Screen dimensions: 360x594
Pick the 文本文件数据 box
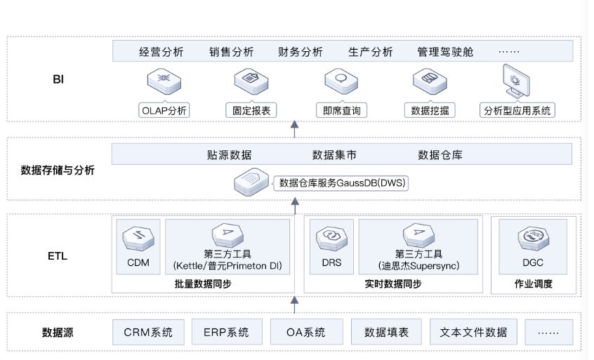(468, 332)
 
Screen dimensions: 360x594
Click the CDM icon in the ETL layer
(138, 238)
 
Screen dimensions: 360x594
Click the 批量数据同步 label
(203, 284)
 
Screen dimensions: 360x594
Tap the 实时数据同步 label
(393, 284)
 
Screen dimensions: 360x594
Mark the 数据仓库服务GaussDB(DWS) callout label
(343, 183)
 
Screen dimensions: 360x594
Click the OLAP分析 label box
(164, 110)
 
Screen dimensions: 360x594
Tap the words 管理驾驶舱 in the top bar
(445, 52)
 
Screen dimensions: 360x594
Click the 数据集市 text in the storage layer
(334, 154)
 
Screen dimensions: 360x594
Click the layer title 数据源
(57, 333)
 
